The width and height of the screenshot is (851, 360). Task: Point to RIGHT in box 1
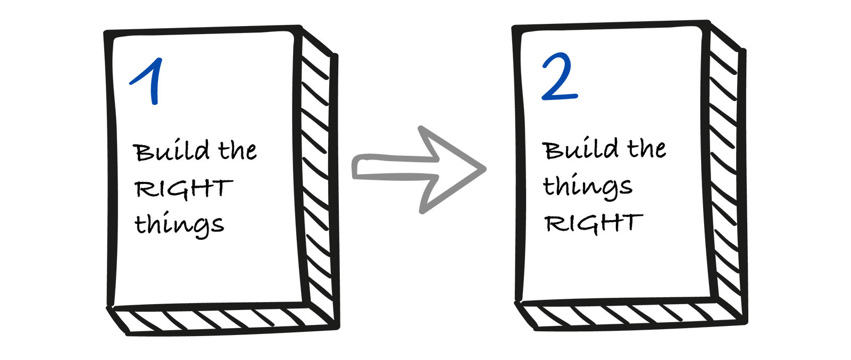pos(183,189)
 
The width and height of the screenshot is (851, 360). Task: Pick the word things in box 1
pos(179,224)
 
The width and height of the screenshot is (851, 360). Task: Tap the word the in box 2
pos(646,148)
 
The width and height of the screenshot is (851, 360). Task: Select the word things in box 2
pos(587,187)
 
